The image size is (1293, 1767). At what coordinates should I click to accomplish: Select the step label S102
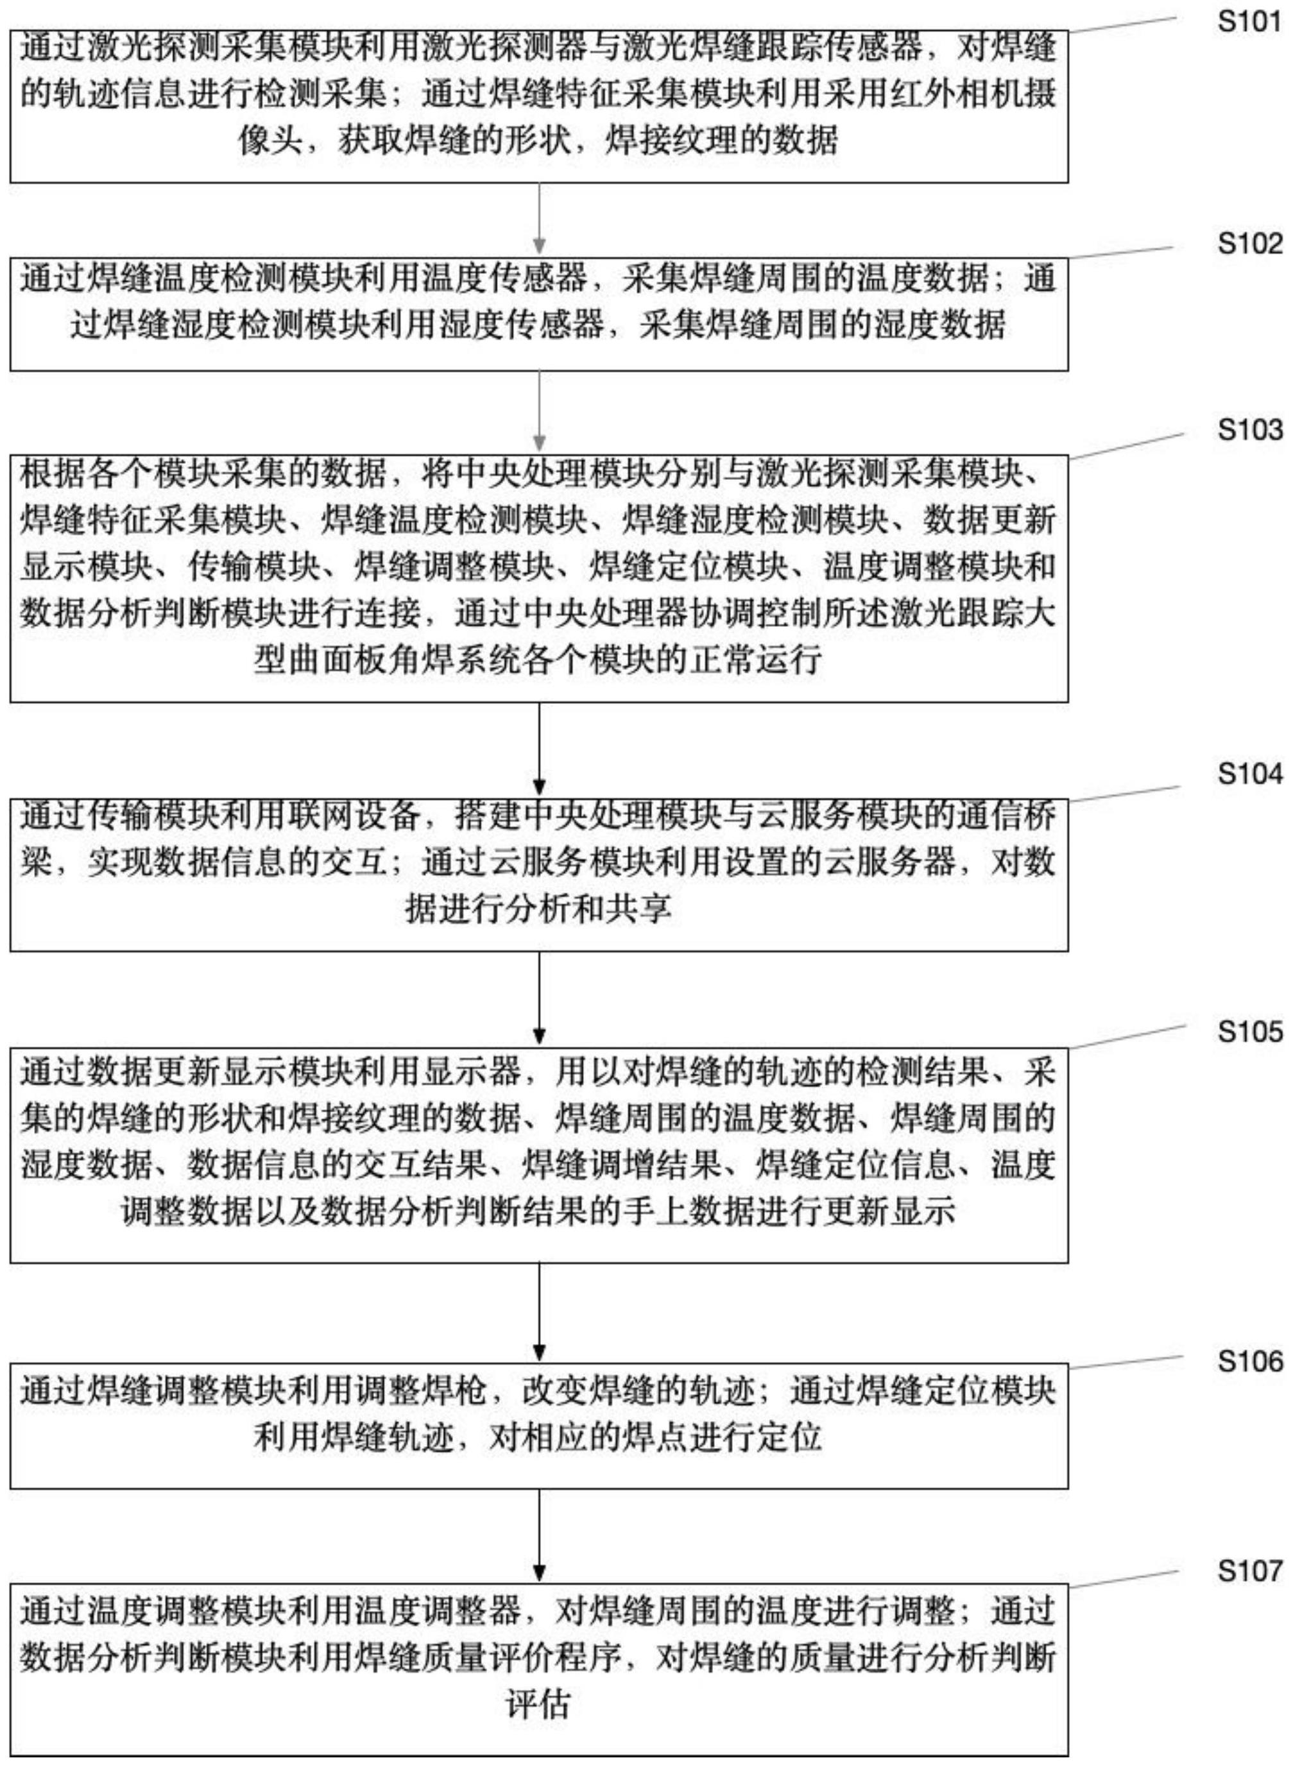click(x=1249, y=244)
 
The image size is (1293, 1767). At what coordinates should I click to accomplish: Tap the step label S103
click(x=1249, y=430)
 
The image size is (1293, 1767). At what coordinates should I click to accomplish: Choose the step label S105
click(x=1249, y=1032)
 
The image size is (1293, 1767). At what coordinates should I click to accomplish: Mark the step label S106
click(x=1249, y=1361)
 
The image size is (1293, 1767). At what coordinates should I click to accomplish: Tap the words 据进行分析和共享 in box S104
click(x=538, y=909)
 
